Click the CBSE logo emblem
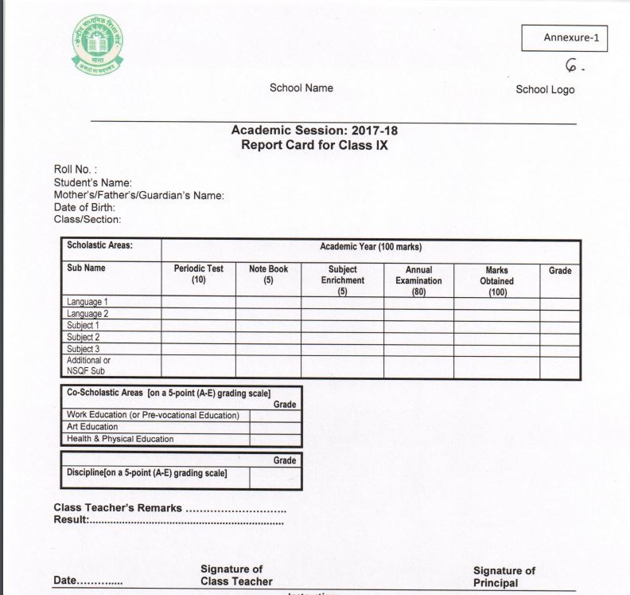click(95, 45)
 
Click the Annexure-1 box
click(564, 37)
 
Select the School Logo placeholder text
click(545, 89)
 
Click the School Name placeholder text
click(301, 88)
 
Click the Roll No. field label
click(75, 169)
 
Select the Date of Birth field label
click(84, 207)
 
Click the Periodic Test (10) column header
click(199, 275)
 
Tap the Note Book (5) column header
click(268, 275)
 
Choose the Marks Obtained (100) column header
click(496, 280)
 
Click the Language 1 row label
click(87, 303)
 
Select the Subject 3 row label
click(84, 349)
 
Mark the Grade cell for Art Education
click(275, 427)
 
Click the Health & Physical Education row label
click(120, 439)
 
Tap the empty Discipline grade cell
click(275, 477)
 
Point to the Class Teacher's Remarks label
click(118, 508)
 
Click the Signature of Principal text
click(504, 576)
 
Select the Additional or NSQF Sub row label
click(88, 366)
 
